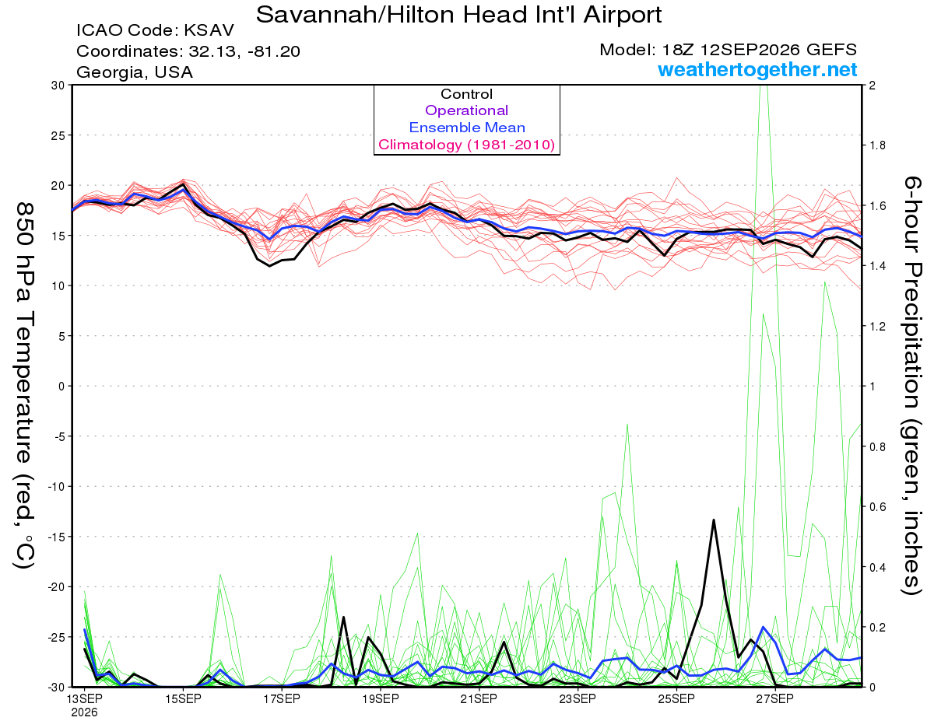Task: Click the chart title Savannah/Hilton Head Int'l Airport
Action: pyautogui.click(x=458, y=15)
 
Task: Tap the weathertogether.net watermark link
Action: pyautogui.click(x=757, y=69)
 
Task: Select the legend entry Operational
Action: pyautogui.click(x=467, y=110)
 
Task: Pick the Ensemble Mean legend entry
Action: pyautogui.click(x=467, y=128)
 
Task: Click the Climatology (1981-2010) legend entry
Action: pyautogui.click(x=467, y=145)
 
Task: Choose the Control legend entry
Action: pyautogui.click(x=467, y=94)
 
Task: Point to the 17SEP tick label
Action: pyautogui.click(x=282, y=698)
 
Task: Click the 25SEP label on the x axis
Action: pyautogui.click(x=676, y=698)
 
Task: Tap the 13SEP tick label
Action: pyautogui.click(x=84, y=698)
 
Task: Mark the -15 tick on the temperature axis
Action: pyautogui.click(x=56, y=537)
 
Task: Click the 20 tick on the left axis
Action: pyautogui.click(x=58, y=186)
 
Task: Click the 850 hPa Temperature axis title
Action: pyautogui.click(x=24, y=386)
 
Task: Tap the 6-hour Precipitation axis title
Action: pyautogui.click(x=912, y=386)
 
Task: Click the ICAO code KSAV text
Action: pyautogui.click(x=155, y=30)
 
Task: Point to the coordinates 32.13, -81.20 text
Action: pyautogui.click(x=188, y=51)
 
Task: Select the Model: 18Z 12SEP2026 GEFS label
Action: pyautogui.click(x=728, y=50)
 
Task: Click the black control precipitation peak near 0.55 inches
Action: pyautogui.click(x=714, y=520)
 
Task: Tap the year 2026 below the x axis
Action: pyautogui.click(x=84, y=713)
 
